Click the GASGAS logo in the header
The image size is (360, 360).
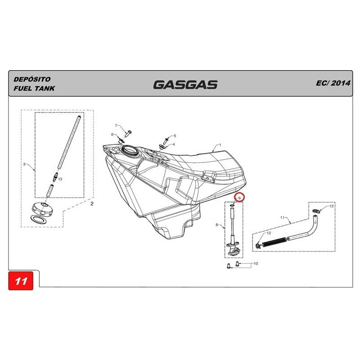(x=185, y=85)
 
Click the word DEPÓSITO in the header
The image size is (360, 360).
(x=32, y=79)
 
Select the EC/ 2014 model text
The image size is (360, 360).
(x=333, y=83)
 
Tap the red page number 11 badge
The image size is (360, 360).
(x=21, y=280)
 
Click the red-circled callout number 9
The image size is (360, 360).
(x=239, y=198)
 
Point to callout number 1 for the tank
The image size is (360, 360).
(x=220, y=145)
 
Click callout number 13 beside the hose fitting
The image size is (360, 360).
(x=60, y=179)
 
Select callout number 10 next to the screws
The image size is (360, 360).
(x=256, y=263)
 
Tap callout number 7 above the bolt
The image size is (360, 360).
(x=116, y=126)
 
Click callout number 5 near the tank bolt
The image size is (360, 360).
(x=175, y=136)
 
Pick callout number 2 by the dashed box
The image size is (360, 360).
(x=92, y=204)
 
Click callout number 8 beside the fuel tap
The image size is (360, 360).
(x=217, y=225)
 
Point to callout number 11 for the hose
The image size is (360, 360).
(x=283, y=217)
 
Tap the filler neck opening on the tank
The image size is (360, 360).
(x=130, y=150)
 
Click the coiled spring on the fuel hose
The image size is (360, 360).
(x=274, y=242)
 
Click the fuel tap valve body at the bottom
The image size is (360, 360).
(x=233, y=249)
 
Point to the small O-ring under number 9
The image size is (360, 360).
(x=232, y=205)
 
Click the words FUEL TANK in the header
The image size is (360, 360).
(x=34, y=88)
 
